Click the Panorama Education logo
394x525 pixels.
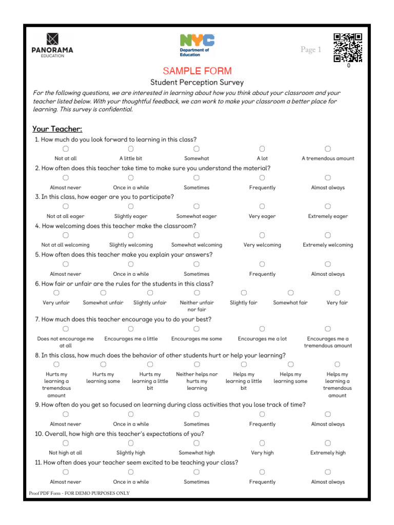click(x=53, y=45)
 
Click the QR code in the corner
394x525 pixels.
click(x=348, y=47)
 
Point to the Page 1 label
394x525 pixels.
click(x=310, y=50)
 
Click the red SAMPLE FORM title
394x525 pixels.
click(x=197, y=71)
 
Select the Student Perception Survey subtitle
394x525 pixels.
click(x=197, y=83)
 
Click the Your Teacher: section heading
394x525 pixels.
click(x=57, y=129)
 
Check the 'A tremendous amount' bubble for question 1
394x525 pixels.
click(x=328, y=149)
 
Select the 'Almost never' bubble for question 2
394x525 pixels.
click(x=66, y=177)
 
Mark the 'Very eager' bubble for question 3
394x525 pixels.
click(x=262, y=206)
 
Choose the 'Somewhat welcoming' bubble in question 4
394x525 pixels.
click(x=196, y=235)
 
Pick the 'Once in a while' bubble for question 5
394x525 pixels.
click(x=131, y=264)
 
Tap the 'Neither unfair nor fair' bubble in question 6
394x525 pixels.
click(x=196, y=293)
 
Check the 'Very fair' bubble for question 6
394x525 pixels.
click(x=337, y=293)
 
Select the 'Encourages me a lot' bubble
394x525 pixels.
click(x=262, y=329)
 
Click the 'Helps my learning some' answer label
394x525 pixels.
click(x=290, y=378)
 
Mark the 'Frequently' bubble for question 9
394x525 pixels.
click(x=262, y=414)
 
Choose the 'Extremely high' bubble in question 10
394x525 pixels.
click(x=328, y=443)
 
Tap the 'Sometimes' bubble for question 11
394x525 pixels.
click(x=196, y=472)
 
